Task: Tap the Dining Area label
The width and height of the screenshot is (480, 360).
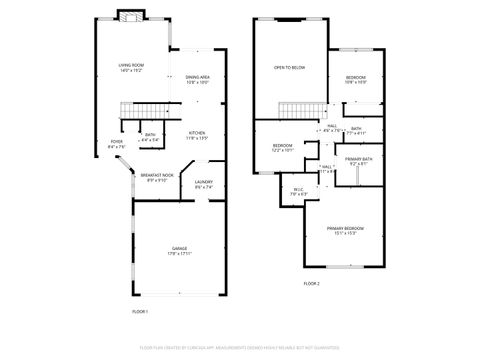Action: (x=197, y=80)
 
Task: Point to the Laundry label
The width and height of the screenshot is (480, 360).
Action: (x=203, y=184)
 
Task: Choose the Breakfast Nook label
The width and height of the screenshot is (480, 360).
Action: (x=157, y=178)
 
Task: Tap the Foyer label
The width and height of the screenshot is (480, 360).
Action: (x=117, y=144)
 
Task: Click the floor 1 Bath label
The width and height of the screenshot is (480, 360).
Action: (x=150, y=137)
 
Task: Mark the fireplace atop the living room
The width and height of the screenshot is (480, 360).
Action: (x=128, y=15)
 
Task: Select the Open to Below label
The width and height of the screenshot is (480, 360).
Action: (x=290, y=68)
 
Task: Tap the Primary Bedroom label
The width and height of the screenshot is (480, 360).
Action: (x=345, y=230)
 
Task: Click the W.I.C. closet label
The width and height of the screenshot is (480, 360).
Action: (x=298, y=190)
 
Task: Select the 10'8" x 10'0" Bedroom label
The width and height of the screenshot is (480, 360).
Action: (x=356, y=80)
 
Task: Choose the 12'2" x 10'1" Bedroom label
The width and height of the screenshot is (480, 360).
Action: (x=283, y=148)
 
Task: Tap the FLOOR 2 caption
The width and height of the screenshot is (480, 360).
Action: (x=311, y=283)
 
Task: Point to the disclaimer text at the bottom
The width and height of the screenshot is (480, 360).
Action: (x=240, y=347)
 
